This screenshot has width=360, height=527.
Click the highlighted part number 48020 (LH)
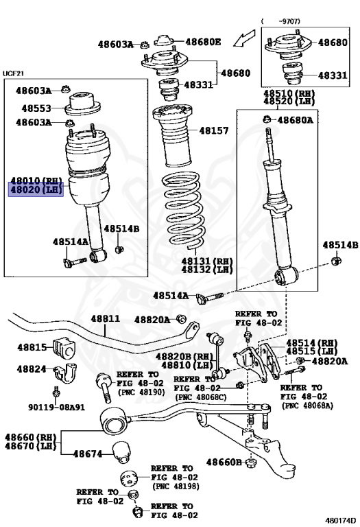36,189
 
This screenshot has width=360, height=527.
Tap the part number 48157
213,130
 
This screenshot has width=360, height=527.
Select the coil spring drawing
183,210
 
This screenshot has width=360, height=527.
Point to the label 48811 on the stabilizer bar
105,318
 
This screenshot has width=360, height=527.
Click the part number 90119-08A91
56,408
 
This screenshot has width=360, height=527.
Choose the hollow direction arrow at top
244,38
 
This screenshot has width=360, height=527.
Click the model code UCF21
14,73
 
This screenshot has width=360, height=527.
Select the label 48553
36,108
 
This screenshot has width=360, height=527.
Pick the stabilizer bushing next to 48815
64,349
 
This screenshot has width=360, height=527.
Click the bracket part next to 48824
65,373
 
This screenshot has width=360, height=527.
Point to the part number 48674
88,454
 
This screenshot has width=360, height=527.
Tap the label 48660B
224,462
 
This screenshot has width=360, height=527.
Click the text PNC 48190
141,393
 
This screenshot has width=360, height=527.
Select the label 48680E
203,42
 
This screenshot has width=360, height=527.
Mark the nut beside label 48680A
267,119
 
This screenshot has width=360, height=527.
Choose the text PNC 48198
176,487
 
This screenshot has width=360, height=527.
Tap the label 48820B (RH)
184,357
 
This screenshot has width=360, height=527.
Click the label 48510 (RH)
289,93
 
